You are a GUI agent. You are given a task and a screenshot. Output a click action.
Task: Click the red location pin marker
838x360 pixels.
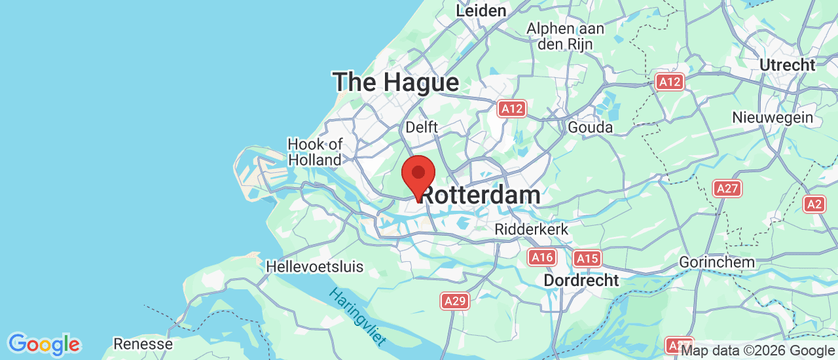tap(418, 175)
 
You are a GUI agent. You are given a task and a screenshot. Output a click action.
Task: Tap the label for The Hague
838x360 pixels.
tap(395, 83)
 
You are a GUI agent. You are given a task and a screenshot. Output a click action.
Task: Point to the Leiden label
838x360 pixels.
tap(481, 11)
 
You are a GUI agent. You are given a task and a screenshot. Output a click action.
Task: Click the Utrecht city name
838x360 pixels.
tap(788, 65)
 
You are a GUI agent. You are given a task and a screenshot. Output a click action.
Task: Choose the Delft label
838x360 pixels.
tap(422, 127)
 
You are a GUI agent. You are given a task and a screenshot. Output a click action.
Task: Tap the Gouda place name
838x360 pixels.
tap(591, 127)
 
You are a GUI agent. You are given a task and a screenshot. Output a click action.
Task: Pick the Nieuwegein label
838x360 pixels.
tap(773, 118)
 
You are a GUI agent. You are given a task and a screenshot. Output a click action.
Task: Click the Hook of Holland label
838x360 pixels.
tap(315, 152)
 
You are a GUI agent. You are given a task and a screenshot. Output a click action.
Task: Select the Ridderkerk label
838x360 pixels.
tap(532, 230)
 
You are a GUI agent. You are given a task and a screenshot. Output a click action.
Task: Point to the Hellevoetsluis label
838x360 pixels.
tap(314, 267)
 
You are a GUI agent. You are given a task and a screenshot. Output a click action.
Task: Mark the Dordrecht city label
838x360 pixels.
tap(581, 281)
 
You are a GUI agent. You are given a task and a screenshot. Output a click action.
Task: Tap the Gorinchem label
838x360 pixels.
tap(717, 262)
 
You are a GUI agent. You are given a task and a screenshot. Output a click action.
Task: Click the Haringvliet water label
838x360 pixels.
tap(357, 317)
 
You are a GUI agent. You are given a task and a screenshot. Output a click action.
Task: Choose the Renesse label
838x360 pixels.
tap(143, 344)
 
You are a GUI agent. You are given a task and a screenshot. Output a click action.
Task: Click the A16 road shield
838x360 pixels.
tap(542, 257)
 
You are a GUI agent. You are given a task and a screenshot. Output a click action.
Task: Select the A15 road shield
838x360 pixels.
tap(587, 259)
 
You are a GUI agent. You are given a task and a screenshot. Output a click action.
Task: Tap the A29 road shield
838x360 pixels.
tap(455, 300)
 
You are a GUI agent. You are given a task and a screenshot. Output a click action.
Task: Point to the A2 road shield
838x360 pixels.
tap(814, 204)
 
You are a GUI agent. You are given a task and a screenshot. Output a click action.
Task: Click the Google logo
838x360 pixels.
tap(44, 344)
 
